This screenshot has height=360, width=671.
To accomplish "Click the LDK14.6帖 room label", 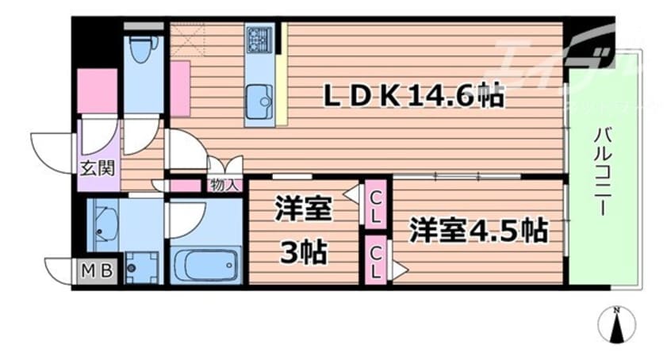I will point(412,97).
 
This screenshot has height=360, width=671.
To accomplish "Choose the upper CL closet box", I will point(376,204).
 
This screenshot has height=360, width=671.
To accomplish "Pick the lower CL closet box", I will point(376,260).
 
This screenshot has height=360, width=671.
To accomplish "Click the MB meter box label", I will point(97,271).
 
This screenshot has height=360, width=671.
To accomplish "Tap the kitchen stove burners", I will point(259,38).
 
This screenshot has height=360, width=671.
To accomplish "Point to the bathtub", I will point(205,265).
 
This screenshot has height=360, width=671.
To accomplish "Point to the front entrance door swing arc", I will point(49,147).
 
